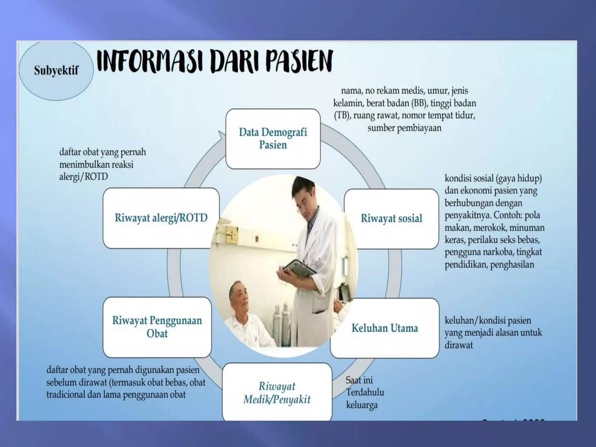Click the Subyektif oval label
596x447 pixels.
click(x=56, y=71)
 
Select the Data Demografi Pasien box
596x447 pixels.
click(x=273, y=139)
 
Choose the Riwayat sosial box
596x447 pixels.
click(x=391, y=219)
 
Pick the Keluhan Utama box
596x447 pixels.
click(x=385, y=328)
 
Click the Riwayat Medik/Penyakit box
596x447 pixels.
click(x=277, y=393)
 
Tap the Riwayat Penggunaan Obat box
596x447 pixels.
click(x=157, y=327)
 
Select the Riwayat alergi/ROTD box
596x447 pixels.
click(x=161, y=218)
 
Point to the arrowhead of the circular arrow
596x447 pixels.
click(x=222, y=136)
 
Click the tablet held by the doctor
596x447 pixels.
click(x=300, y=268)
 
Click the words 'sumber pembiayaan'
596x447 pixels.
click(x=404, y=128)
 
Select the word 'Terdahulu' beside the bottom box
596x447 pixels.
click(x=365, y=393)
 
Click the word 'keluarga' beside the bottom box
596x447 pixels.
click(x=362, y=405)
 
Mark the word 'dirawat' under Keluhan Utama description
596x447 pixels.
click(x=459, y=345)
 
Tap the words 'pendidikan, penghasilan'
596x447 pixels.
click(x=489, y=265)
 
